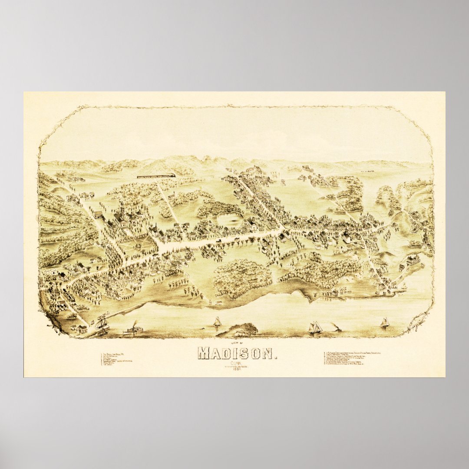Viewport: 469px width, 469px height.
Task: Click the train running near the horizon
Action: (x=156, y=176)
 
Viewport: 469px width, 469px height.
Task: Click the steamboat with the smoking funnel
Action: (x=134, y=330)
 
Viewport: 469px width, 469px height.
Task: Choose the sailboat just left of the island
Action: (x=217, y=322)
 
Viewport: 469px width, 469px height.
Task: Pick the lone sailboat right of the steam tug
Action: (x=384, y=322)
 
